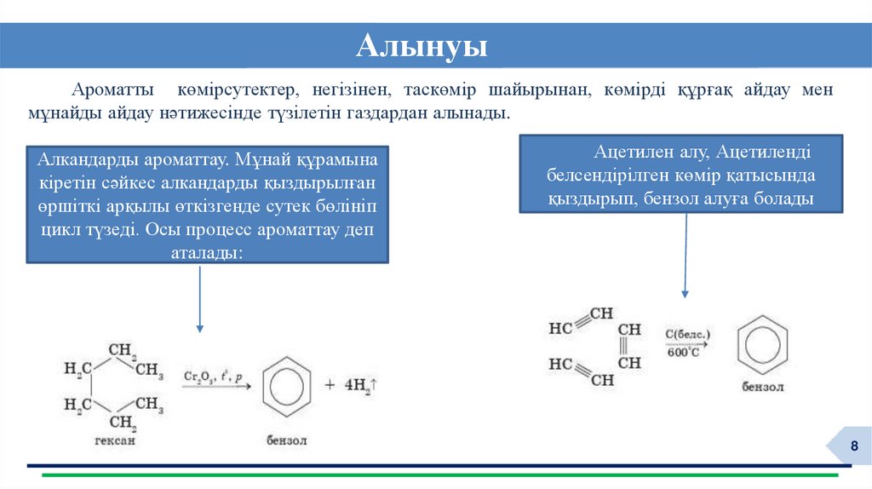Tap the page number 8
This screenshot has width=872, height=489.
854,449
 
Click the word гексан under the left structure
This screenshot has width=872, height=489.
115,441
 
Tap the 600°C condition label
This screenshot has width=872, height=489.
683,351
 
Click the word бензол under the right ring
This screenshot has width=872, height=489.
760,388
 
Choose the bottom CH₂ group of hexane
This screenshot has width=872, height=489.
122,423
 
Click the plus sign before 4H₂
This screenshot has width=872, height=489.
330,385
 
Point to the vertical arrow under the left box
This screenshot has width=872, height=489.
199,298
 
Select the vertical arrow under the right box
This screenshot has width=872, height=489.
685,255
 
